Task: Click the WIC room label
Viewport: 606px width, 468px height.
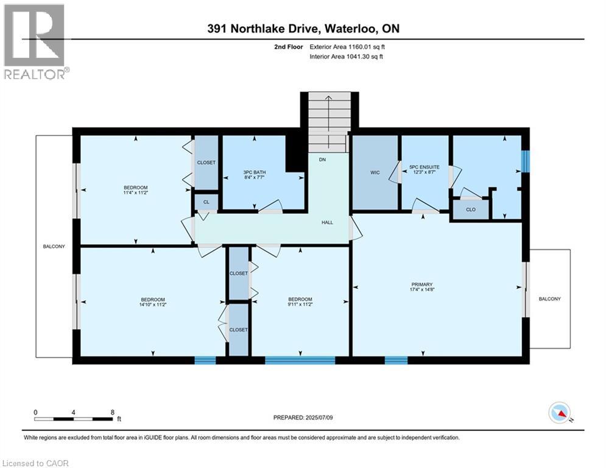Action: (375, 172)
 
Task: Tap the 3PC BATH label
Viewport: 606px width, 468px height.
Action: (255, 172)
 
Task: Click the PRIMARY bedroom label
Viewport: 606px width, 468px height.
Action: (421, 285)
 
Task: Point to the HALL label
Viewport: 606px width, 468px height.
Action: (327, 222)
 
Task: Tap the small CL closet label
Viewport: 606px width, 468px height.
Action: (206, 201)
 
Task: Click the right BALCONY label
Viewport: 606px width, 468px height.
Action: (549, 299)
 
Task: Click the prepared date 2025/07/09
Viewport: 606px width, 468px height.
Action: (303, 417)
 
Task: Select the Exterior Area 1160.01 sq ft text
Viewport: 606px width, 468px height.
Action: (347, 46)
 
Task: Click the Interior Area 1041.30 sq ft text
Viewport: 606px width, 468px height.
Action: (347, 57)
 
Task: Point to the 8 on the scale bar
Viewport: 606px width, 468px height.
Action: (113, 412)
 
